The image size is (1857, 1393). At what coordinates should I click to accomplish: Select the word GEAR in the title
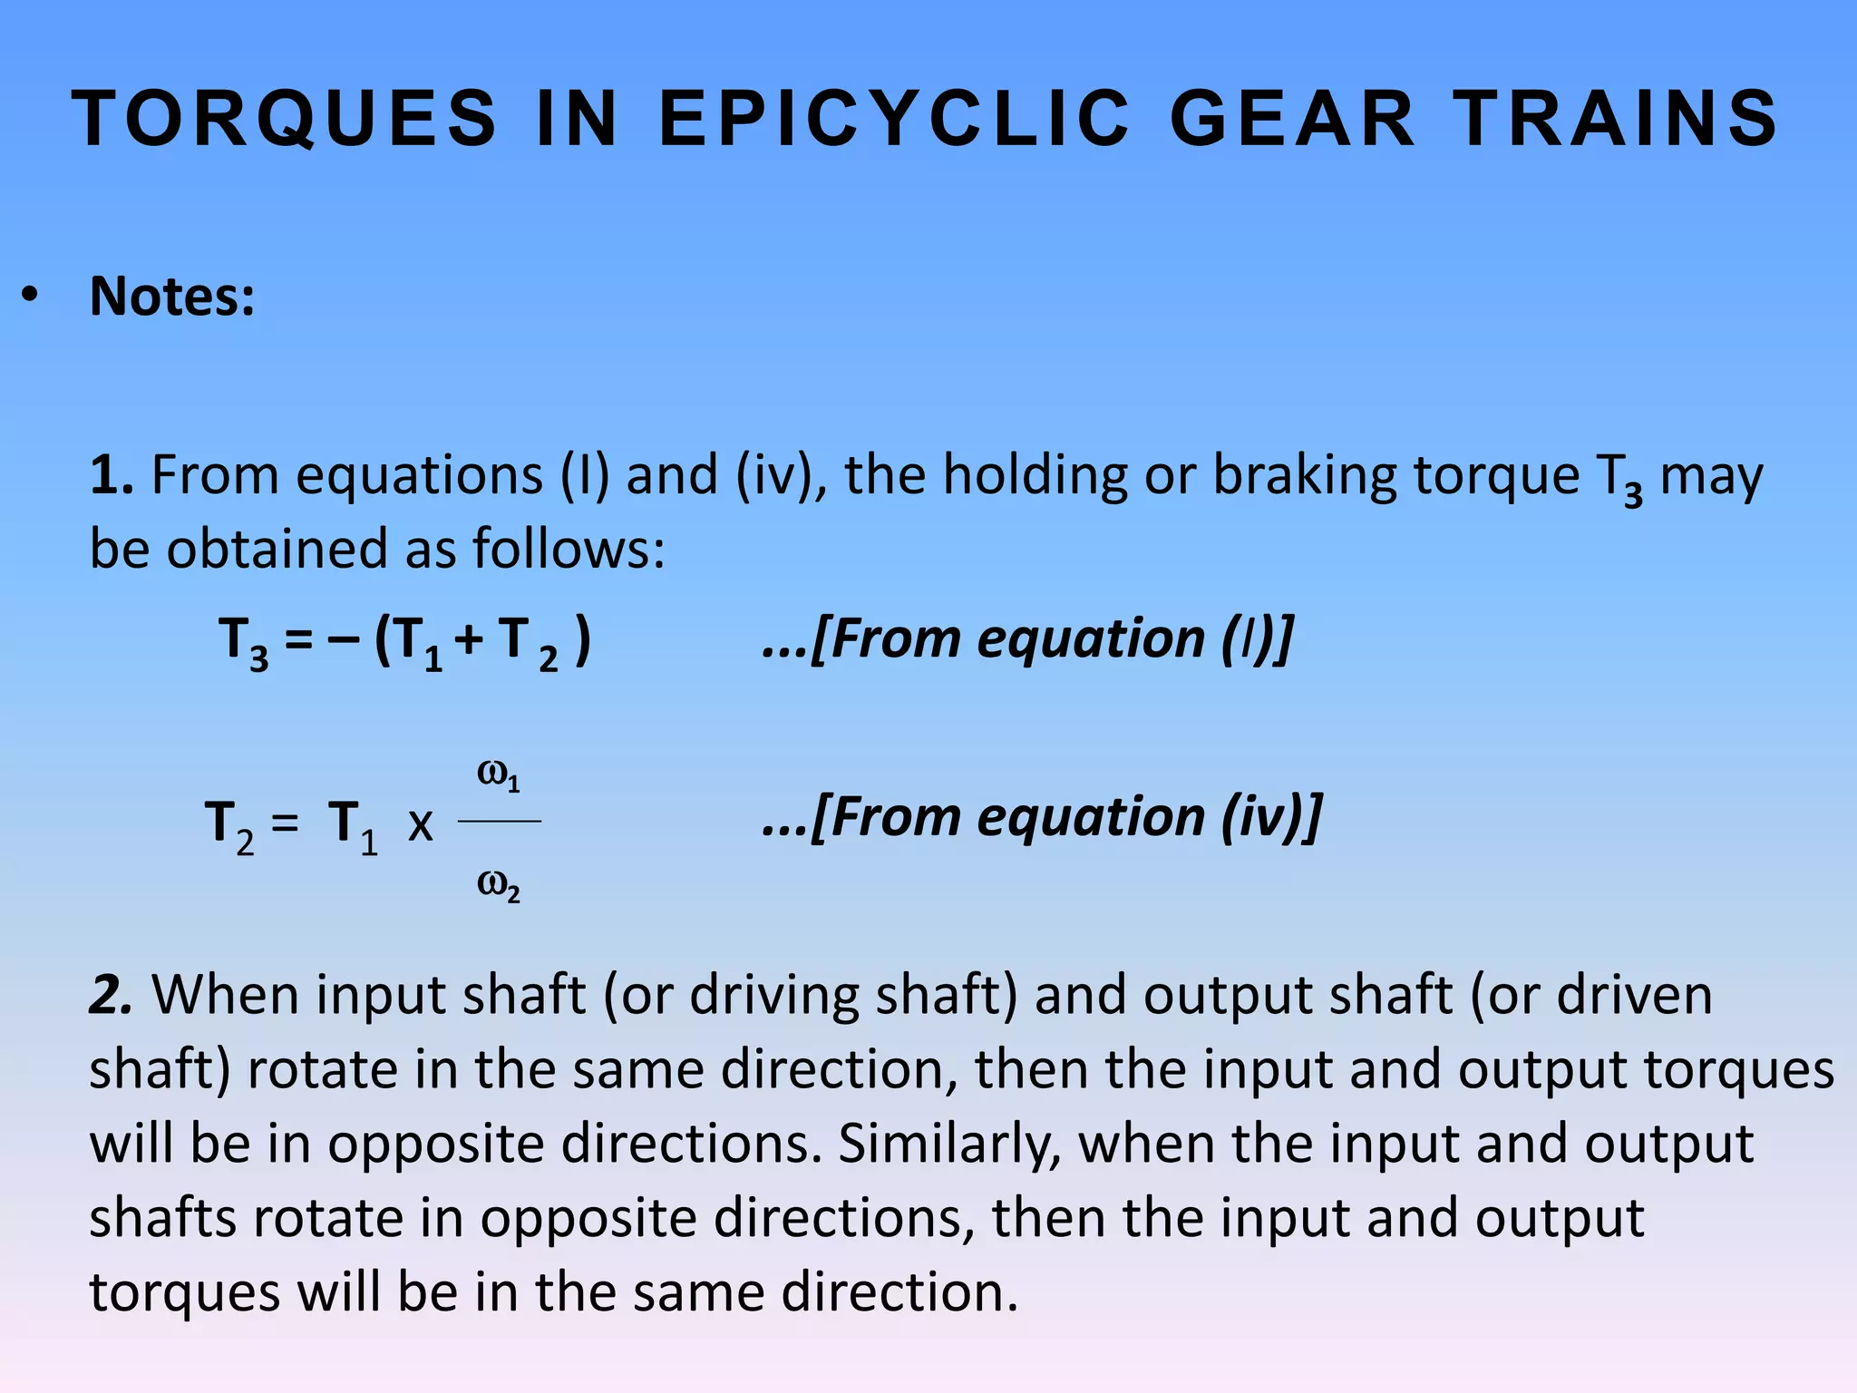coord(1291,118)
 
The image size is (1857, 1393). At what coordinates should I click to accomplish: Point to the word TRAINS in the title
coord(1617,118)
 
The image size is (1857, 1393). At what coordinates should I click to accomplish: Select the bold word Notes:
coord(172,297)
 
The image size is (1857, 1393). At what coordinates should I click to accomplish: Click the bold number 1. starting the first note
coord(112,475)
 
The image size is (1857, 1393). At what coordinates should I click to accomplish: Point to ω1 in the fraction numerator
coord(498,776)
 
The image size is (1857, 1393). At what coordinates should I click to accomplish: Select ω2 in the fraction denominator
coord(498,885)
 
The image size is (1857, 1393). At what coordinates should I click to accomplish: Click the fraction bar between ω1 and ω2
coord(499,821)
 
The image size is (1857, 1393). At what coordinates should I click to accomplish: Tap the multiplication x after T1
coord(420,825)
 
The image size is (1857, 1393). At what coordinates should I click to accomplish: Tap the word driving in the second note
coord(773,995)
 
